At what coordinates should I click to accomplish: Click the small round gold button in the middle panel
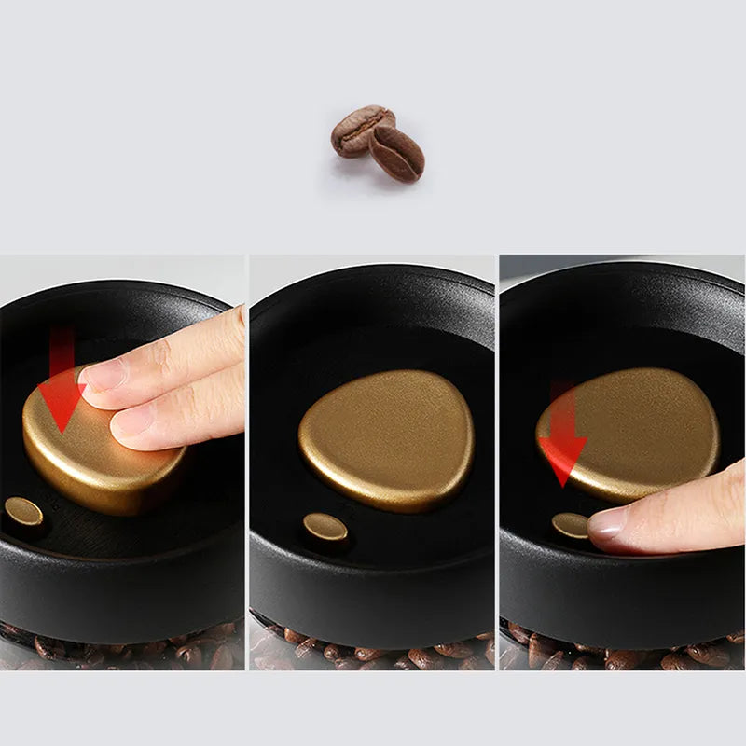click(x=325, y=527)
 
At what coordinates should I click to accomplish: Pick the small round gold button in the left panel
click(x=23, y=511)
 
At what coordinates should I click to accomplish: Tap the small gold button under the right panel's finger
click(x=570, y=525)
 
